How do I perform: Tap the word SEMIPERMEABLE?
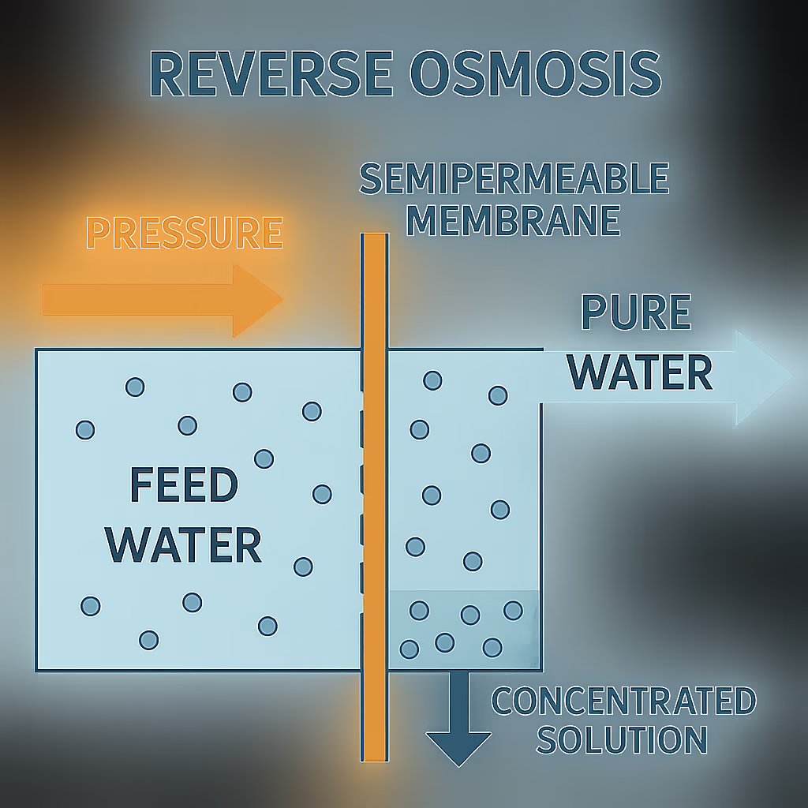pyautogui.click(x=514, y=181)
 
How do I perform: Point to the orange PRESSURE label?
pyautogui.click(x=184, y=233)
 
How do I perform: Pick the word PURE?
pyautogui.click(x=635, y=313)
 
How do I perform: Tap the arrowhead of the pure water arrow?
pyautogui.click(x=762, y=377)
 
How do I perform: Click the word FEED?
pyautogui.click(x=184, y=485)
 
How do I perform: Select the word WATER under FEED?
pyautogui.click(x=184, y=544)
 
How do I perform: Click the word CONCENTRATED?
pyautogui.click(x=623, y=701)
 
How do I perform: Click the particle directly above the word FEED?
pyautogui.click(x=187, y=425)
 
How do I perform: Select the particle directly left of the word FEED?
pyautogui.click(x=85, y=430)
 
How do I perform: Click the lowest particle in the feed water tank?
pyautogui.click(x=149, y=640)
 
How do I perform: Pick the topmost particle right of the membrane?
pyautogui.click(x=432, y=380)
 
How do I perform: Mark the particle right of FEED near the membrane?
pyautogui.click(x=322, y=494)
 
